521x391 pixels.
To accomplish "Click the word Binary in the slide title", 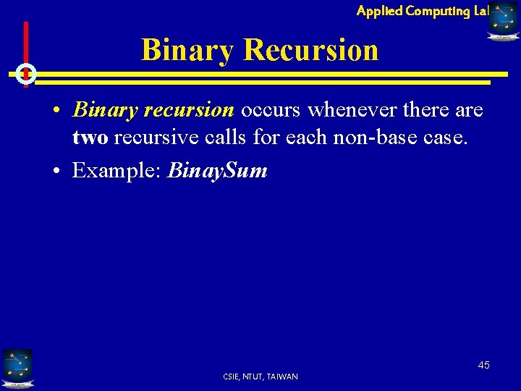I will pyautogui.click(x=188, y=50).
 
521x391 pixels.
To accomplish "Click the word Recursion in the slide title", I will pyautogui.click(x=311, y=50).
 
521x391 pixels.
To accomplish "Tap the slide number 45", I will pyautogui.click(x=483, y=365).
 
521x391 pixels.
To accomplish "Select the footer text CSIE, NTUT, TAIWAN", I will pyautogui.click(x=260, y=377).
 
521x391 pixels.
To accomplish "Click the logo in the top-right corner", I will pyautogui.click(x=503, y=20).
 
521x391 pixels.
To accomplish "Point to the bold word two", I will pyautogui.click(x=90, y=138).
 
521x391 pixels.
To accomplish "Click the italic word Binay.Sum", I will pyautogui.click(x=218, y=171).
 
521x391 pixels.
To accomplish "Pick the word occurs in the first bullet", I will pyautogui.click(x=271, y=110).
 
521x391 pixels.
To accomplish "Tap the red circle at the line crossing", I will pyautogui.click(x=26, y=73).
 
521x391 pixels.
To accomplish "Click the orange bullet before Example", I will pyautogui.click(x=56, y=172).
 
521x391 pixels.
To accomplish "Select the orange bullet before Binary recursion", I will pyautogui.click(x=56, y=111).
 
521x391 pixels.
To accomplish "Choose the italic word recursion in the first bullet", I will pyautogui.click(x=190, y=110).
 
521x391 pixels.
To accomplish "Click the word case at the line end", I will pyautogui.click(x=446, y=138).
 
